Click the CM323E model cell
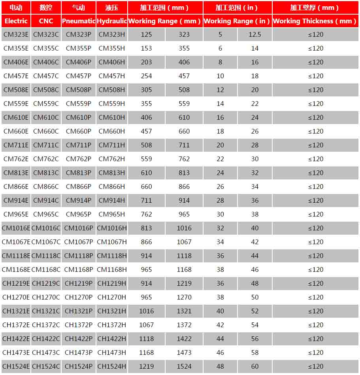[x=16, y=34]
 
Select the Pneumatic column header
[x=79, y=21]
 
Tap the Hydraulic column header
[x=112, y=21]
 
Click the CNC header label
[x=46, y=21]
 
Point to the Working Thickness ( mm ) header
[x=315, y=21]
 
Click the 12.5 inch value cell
[x=255, y=34]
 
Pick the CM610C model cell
[x=46, y=117]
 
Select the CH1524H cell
[x=112, y=366]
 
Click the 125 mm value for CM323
[x=146, y=34]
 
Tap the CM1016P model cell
[x=79, y=228]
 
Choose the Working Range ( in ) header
[x=237, y=21]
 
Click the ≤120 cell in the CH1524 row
[x=315, y=366]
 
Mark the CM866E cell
[x=16, y=187]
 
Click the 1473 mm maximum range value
[x=184, y=352]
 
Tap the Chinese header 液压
[x=112, y=8]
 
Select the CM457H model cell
[x=112, y=76]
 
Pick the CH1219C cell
[x=46, y=283]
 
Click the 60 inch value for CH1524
[x=255, y=366]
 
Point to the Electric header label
[x=16, y=21]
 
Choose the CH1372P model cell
[x=79, y=325]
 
